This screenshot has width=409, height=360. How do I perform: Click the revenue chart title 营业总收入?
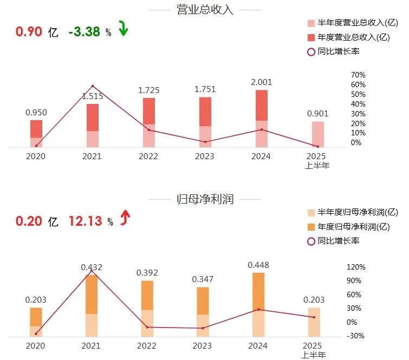coord(204,10)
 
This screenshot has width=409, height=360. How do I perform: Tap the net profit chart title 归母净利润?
coord(204,199)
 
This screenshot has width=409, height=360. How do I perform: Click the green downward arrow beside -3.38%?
coord(123,29)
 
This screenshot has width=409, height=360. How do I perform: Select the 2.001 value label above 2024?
coord(262,82)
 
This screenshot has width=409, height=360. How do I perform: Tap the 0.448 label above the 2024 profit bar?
coord(258,265)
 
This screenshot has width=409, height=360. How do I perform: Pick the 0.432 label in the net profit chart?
coord(92,267)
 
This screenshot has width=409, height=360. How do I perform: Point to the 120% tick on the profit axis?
coord(356,267)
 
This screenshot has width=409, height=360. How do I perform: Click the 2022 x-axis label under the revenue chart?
coord(148,156)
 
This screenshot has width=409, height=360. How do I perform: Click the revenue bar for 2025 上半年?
coord(317,134)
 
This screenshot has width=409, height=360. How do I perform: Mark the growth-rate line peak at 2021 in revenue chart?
coord(93,86)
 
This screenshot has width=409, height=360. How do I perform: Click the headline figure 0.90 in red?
coord(29,31)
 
